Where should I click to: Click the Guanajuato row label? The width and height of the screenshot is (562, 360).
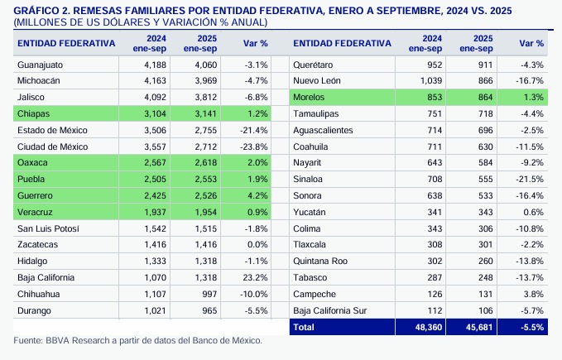click(x=41, y=65)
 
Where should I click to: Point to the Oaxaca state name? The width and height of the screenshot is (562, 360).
click(x=33, y=163)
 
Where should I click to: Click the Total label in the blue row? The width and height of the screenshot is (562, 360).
click(x=305, y=327)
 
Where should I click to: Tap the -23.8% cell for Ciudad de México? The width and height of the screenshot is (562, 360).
click(x=254, y=146)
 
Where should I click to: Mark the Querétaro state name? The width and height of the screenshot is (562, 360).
click(x=313, y=65)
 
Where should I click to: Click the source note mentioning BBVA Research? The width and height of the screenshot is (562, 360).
click(x=137, y=341)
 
